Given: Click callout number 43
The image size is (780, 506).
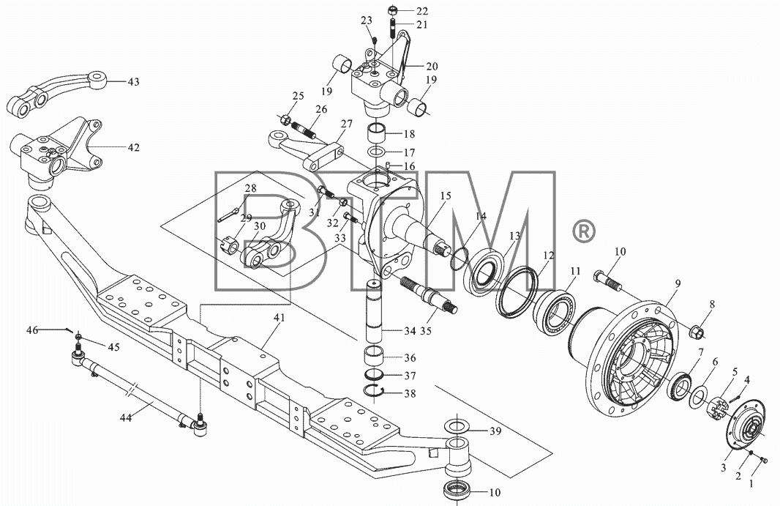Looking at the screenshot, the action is coord(133,82).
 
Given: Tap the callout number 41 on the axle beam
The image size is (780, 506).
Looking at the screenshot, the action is coord(279,318).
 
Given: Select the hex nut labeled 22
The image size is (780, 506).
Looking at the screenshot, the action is coord(392,10).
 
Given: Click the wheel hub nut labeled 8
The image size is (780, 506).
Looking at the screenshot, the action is coord(697,330).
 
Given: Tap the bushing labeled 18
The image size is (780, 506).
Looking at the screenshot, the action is coord(377,133).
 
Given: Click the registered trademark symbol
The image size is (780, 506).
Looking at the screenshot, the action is coord(583,231).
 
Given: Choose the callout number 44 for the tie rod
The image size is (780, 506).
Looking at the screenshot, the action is coord(126,417).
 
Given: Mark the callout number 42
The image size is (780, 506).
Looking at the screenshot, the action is coord(133,148).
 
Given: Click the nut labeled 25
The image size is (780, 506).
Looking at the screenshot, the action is coord(285,119).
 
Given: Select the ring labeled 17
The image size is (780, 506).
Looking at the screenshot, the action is coord(378,152).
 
